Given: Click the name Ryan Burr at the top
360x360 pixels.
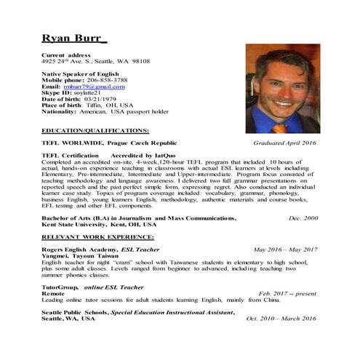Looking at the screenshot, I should coord(73,37).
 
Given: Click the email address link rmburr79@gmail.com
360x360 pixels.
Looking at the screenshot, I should coord(99,87).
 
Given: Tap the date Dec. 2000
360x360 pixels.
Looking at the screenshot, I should coord(303,218).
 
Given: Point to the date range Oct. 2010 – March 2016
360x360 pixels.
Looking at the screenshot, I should coord(281,319).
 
